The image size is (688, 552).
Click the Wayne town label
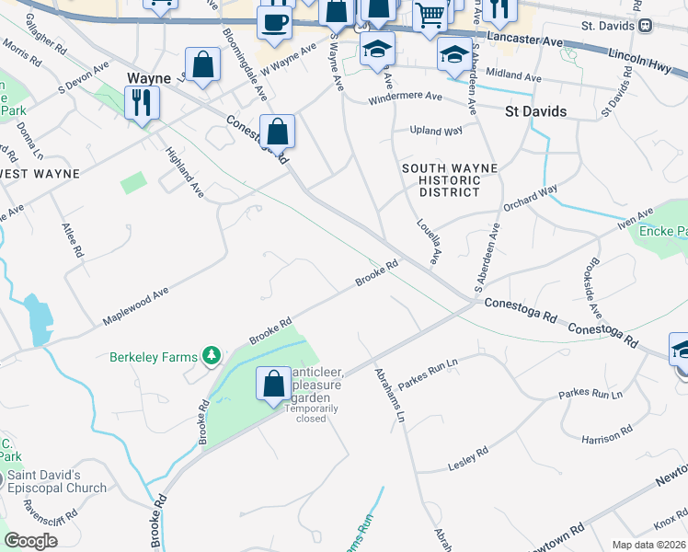(x=150, y=79)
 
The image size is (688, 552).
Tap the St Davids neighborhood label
(x=535, y=111)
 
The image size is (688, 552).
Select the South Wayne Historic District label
(x=450, y=180)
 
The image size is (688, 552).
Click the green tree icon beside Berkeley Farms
(x=212, y=355)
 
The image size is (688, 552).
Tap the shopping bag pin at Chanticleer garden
(x=273, y=384)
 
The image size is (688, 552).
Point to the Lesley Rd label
(x=467, y=457)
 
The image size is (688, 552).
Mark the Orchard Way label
(x=532, y=196)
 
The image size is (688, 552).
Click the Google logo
(x=30, y=541)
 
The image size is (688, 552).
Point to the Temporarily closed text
(x=311, y=413)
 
